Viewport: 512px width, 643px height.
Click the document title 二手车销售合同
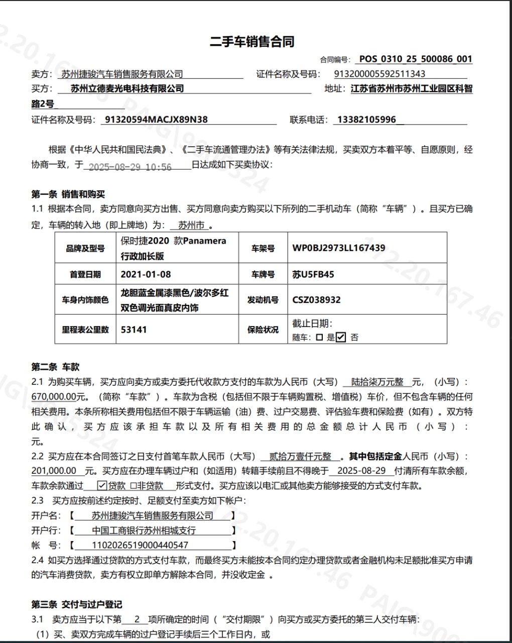pos(252,42)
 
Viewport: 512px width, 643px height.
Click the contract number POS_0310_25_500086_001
pos(416,59)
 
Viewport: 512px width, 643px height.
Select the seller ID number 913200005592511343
pos(379,74)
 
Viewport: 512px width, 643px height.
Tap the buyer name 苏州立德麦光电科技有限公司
pos(127,89)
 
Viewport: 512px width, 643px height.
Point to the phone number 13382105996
pos(367,120)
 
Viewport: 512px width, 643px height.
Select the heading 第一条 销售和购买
pos(68,194)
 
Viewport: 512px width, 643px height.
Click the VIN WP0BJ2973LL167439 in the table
pos(339,248)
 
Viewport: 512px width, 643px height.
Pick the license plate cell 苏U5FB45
pos(313,274)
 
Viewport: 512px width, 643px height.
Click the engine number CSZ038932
pos(317,300)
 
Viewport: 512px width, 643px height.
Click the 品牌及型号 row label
pos(85,248)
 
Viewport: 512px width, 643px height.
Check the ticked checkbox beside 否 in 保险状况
pos(341,337)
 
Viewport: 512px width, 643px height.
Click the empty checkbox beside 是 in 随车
pos(320,338)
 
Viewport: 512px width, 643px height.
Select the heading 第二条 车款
pos(56,367)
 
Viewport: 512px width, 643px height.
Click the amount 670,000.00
pos(54,397)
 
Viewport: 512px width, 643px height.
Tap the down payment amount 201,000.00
pos(54,471)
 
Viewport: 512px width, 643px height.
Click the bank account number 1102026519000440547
pos(140,545)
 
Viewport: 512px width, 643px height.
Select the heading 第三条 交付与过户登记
pos(77,604)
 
